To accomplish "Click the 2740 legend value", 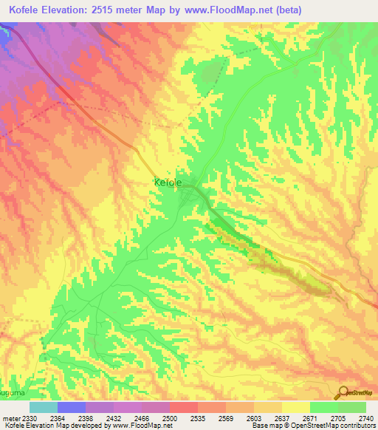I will coord(366,418).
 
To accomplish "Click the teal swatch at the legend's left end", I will coord(43,407).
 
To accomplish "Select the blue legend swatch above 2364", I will coord(71,407).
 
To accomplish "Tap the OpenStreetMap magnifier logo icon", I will coord(342,392).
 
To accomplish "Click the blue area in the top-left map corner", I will coord(7,41).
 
